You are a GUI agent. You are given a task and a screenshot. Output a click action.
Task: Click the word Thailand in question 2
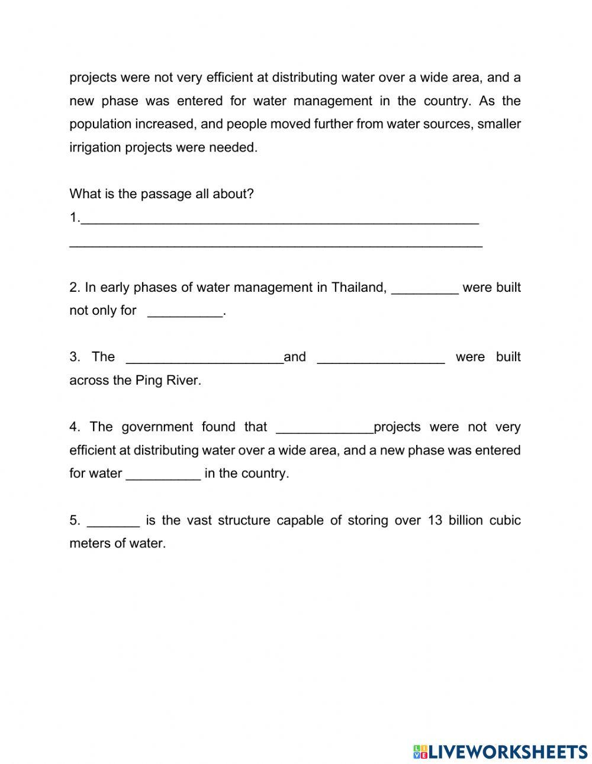pyautogui.click(x=358, y=288)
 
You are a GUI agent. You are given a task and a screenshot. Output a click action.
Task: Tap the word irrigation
pyautogui.click(x=95, y=147)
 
